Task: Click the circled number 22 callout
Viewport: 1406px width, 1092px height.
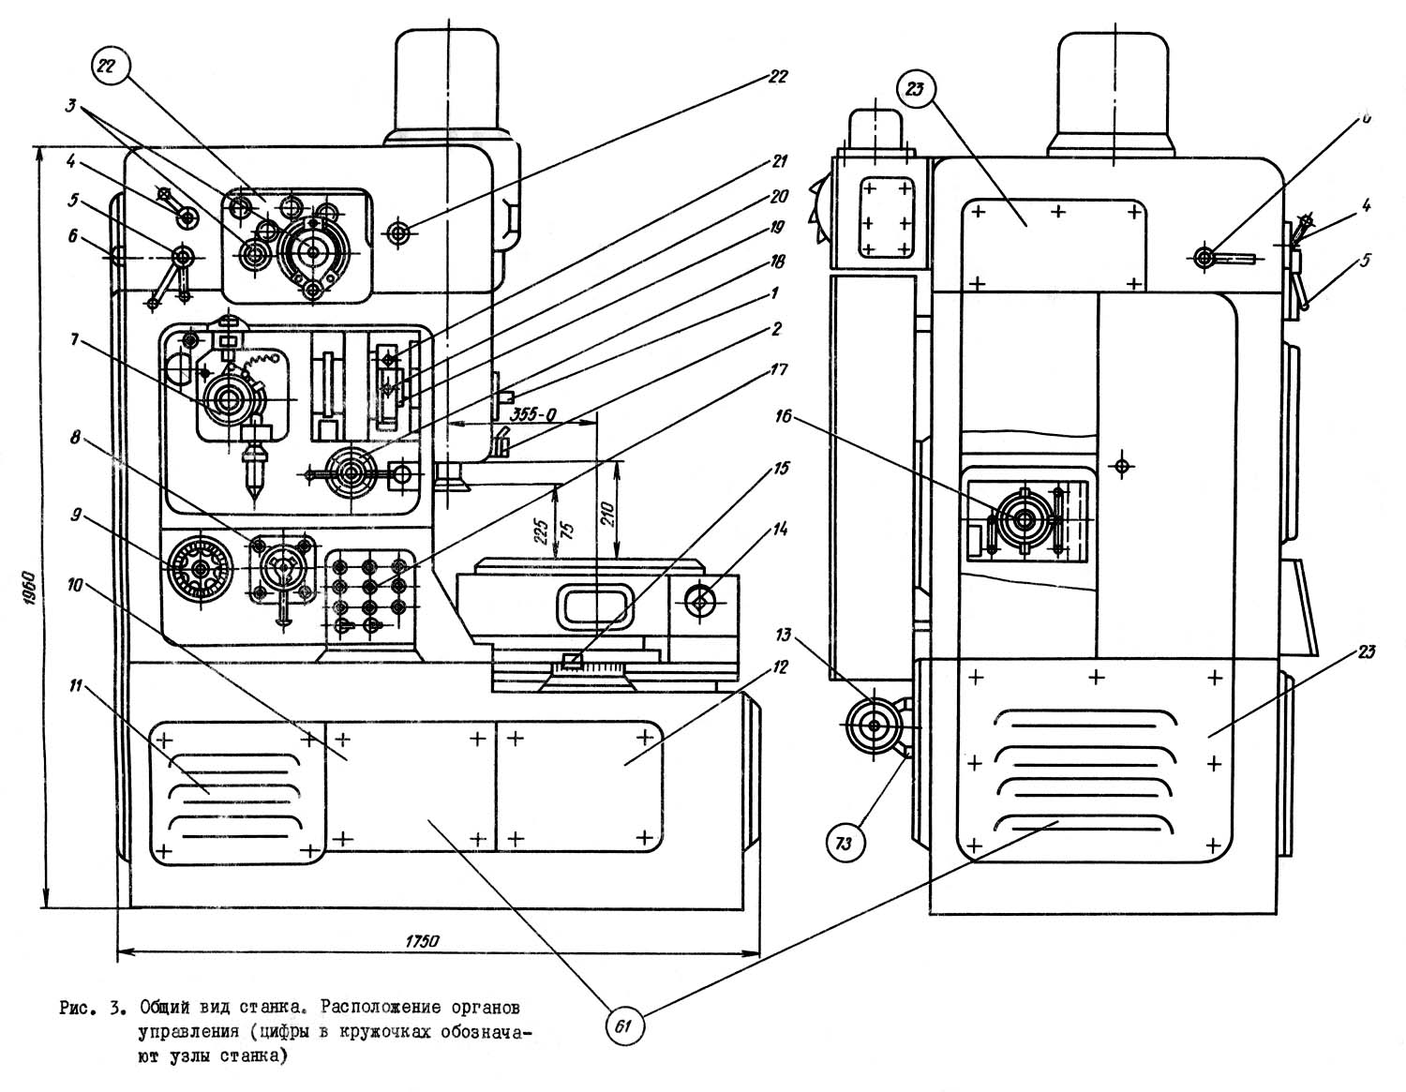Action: (x=107, y=67)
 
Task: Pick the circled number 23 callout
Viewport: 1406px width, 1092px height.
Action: (x=914, y=91)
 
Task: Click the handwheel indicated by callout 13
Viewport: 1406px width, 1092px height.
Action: (x=874, y=726)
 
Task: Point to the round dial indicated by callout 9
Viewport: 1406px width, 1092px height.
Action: (x=200, y=568)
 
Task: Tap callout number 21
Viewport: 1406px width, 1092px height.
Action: (x=777, y=161)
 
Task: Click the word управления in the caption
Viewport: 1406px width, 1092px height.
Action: (x=187, y=1033)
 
